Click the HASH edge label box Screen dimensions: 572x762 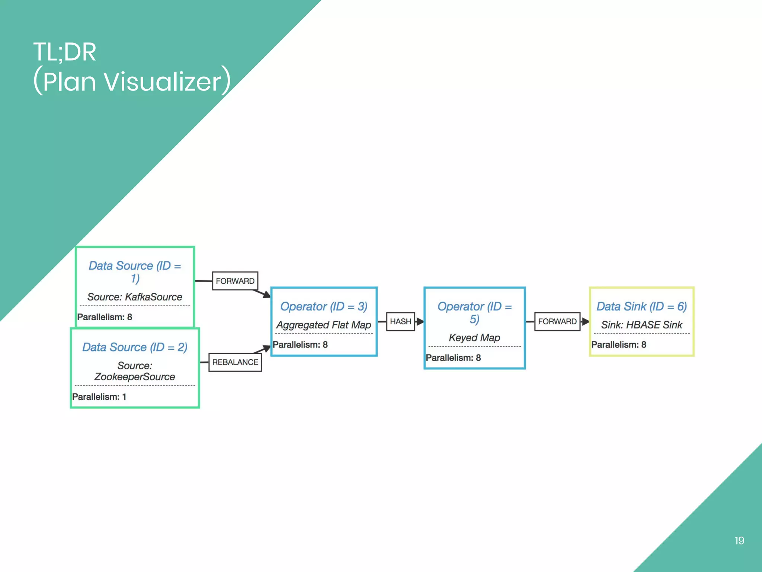tap(400, 321)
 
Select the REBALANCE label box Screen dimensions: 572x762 tap(235, 362)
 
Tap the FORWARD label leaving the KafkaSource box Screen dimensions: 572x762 tap(235, 281)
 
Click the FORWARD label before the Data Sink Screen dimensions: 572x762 tap(557, 321)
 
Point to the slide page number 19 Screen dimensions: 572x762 tap(739, 541)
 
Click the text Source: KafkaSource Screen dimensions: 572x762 tap(135, 297)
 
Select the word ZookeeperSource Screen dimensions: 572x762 tap(135, 377)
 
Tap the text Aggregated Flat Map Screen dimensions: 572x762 tap(324, 325)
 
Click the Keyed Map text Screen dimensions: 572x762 tap(474, 338)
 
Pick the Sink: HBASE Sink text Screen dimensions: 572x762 tap(641, 325)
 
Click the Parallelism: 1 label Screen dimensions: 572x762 tap(99, 397)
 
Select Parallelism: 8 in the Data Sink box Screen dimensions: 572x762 tap(618, 345)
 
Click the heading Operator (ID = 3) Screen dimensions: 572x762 tap(324, 306)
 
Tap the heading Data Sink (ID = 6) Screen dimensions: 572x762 tap(641, 306)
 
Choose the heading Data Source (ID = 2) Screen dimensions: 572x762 tap(135, 347)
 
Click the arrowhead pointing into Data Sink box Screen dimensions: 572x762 tap(585, 321)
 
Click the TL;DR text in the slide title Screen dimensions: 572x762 tap(65, 52)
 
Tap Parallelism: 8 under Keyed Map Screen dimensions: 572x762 tap(453, 358)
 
